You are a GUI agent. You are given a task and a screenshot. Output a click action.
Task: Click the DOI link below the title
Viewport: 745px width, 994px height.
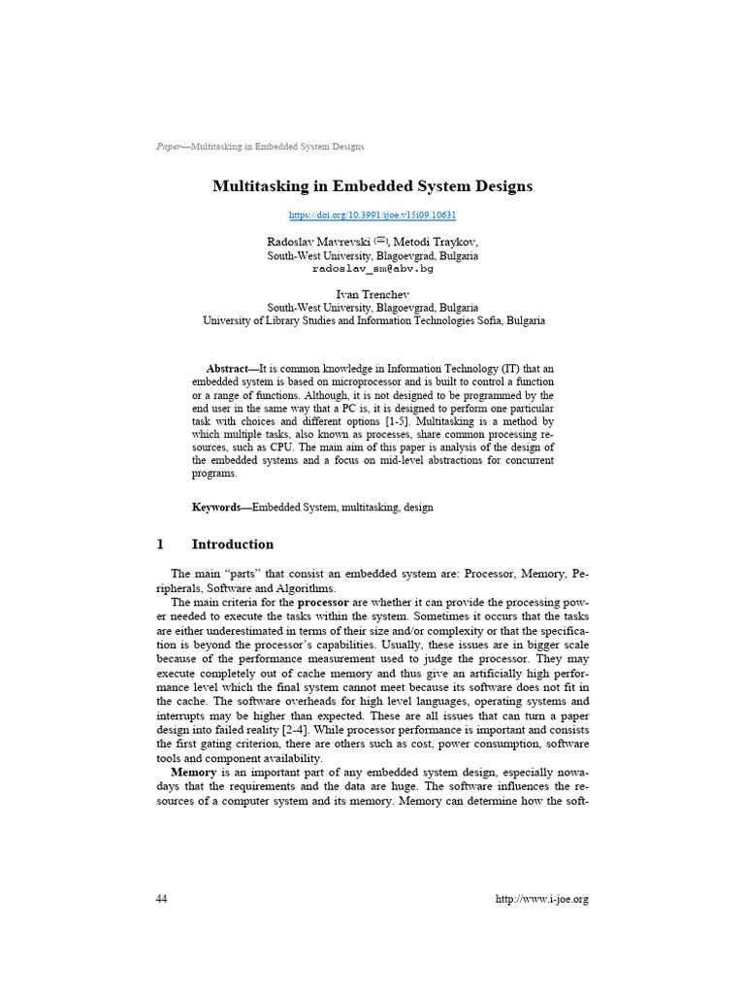tap(372, 215)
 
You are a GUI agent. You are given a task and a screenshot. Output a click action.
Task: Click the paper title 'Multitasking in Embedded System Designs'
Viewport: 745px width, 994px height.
tap(372, 185)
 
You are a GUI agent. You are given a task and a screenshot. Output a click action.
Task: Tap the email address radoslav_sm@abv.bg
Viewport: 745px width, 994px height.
tap(372, 268)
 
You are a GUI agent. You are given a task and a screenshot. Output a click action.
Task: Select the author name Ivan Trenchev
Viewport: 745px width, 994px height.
tap(372, 293)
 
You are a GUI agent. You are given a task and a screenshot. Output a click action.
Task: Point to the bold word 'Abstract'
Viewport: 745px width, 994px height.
tap(227, 369)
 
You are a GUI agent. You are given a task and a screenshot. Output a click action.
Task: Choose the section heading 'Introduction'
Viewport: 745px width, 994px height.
tap(233, 545)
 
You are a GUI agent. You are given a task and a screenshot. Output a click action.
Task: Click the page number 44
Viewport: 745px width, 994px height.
tap(161, 899)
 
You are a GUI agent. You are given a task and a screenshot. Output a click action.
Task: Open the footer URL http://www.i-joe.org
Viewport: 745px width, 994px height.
tap(541, 899)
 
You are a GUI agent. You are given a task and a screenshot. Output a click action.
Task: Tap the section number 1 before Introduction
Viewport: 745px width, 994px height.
tap(160, 545)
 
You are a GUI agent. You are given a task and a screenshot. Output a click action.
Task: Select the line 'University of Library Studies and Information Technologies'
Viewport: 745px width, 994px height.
tap(372, 319)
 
